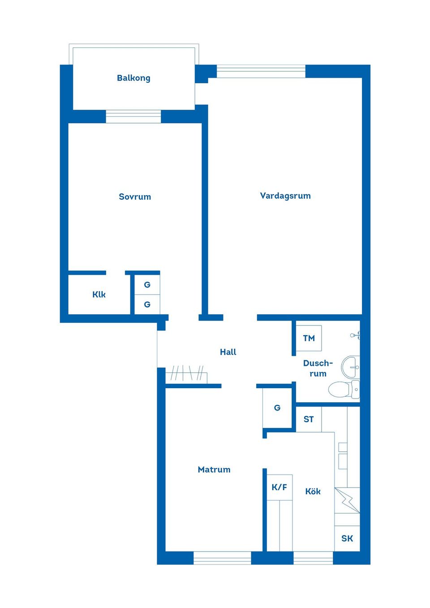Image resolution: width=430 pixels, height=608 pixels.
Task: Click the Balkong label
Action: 133,78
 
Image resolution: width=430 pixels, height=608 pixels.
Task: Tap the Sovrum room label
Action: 135,197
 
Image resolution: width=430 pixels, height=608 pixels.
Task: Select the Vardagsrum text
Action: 285,196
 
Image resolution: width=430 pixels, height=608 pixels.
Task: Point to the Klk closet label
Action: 99,294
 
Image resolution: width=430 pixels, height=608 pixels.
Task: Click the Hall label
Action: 228,352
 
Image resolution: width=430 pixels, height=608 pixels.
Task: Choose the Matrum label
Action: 214,469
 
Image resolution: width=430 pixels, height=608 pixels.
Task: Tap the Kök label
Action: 313,491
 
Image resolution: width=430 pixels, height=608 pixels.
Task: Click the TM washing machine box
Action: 309,338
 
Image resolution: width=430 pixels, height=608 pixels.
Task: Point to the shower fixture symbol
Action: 355,335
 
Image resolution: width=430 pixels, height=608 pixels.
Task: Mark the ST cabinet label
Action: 309,420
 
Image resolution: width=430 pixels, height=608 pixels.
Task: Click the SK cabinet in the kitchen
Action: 347,538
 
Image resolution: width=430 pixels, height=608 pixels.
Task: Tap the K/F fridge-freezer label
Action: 279,487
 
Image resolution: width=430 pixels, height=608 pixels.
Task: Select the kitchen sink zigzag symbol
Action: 347,500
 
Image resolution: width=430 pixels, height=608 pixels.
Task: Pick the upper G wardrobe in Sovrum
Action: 147,285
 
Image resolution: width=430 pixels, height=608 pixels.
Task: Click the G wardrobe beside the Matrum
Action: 277,408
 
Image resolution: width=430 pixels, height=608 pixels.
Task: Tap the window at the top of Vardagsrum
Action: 261,71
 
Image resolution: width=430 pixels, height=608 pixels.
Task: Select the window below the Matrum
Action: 222,557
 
